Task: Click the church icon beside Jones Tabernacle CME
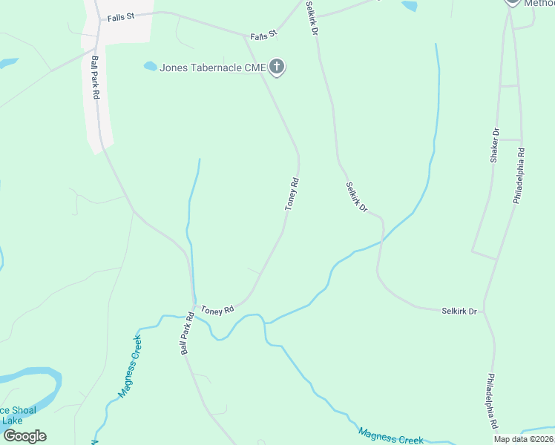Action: coord(277,68)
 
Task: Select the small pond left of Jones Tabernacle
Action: coord(151,66)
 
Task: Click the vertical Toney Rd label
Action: coord(292,194)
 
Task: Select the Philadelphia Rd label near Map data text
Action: coord(492,402)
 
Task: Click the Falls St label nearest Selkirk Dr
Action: coord(263,35)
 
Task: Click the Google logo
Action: coord(24,436)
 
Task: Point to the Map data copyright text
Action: coord(522,439)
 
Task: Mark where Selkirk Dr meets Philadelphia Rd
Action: coord(487,311)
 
